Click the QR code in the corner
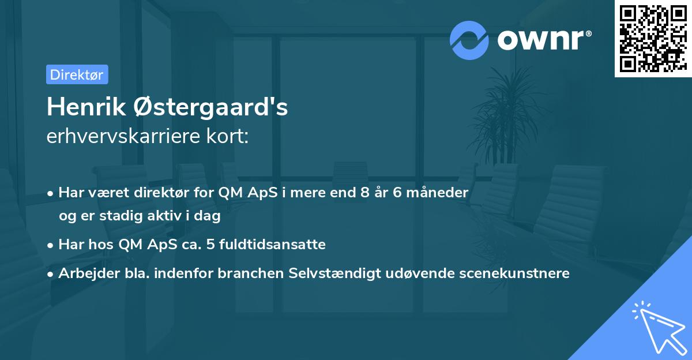tap(653, 38)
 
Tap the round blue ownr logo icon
tap(469, 40)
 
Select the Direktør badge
tap(77, 74)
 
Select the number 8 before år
tap(364, 193)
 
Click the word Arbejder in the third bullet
tap(85, 273)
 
